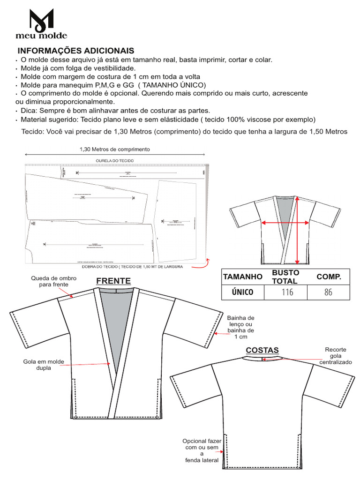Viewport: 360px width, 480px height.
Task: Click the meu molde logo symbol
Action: (41, 19)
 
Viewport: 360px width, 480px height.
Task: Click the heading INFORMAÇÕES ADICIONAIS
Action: (75, 51)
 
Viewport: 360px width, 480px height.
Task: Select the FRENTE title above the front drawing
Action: (113, 281)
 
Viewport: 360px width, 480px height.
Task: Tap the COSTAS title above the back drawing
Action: (262, 350)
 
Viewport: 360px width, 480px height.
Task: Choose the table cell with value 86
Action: (328, 292)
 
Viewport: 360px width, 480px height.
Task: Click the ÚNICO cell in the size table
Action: (242, 292)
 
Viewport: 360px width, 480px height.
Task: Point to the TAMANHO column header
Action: (242, 277)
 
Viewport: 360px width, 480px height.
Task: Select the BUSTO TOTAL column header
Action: (285, 277)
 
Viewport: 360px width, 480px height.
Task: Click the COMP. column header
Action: (329, 277)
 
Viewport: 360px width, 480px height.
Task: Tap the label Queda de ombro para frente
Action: (50, 281)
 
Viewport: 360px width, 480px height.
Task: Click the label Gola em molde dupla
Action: (43, 365)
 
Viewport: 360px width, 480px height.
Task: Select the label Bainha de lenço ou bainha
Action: (240, 327)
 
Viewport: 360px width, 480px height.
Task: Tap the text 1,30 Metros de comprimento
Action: (115, 149)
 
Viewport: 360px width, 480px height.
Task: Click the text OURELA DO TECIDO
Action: (115, 161)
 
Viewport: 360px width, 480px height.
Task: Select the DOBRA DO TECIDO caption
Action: (132, 267)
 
